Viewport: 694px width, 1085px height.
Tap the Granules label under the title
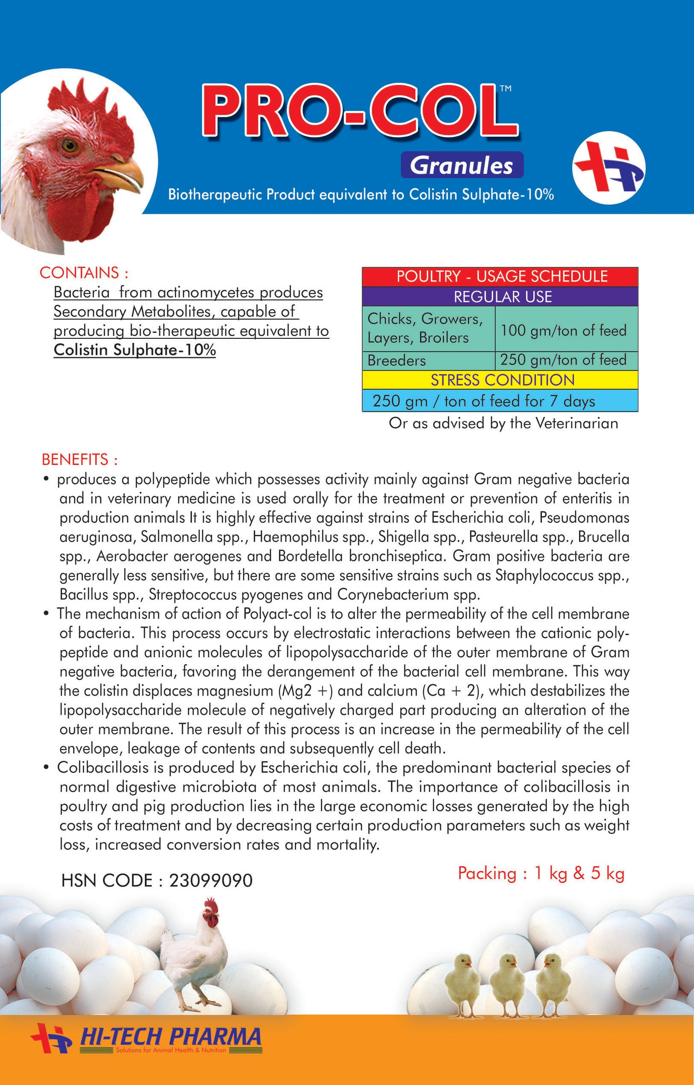point(462,165)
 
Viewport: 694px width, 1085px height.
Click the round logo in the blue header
point(609,167)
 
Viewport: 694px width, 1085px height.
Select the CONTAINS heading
point(84,273)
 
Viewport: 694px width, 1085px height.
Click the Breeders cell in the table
point(396,361)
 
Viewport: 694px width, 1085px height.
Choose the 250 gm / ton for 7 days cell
point(484,401)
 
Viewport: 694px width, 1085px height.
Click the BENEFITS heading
point(79,459)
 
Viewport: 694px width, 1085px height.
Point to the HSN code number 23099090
point(210,880)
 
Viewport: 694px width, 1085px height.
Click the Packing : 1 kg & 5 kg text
point(541,873)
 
